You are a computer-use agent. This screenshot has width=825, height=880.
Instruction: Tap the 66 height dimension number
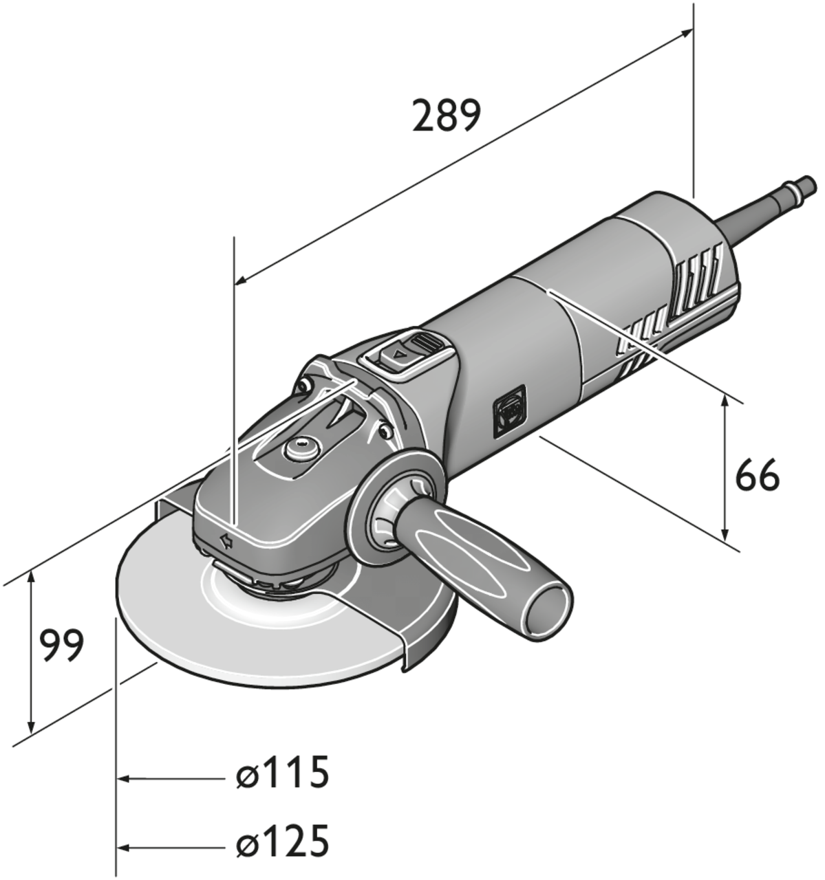coord(757,476)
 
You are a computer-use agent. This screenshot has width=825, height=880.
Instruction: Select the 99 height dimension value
coord(61,646)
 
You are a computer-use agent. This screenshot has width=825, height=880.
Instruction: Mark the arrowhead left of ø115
coord(124,779)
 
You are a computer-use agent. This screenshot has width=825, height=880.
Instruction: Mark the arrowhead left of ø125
coord(124,846)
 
